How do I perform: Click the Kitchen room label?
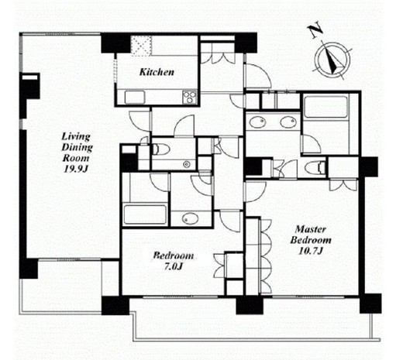point(157,72)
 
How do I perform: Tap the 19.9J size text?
point(76,169)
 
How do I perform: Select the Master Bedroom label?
point(311,235)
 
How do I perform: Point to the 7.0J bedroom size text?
point(174,266)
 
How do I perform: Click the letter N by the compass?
point(316,31)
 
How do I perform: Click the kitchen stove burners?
point(190,98)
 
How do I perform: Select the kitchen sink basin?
point(135,98)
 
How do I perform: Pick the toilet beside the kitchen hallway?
point(160,149)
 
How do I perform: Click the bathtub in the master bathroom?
point(325,107)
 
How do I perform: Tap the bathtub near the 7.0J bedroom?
point(145,214)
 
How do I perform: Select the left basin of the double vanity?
point(257,122)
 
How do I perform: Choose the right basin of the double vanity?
point(288,122)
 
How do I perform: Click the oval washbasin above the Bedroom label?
point(190,219)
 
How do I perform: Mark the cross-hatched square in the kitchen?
point(141,46)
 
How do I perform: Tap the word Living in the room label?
point(76,137)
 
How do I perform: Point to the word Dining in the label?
point(77,148)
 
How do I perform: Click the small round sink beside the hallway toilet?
point(186,164)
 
